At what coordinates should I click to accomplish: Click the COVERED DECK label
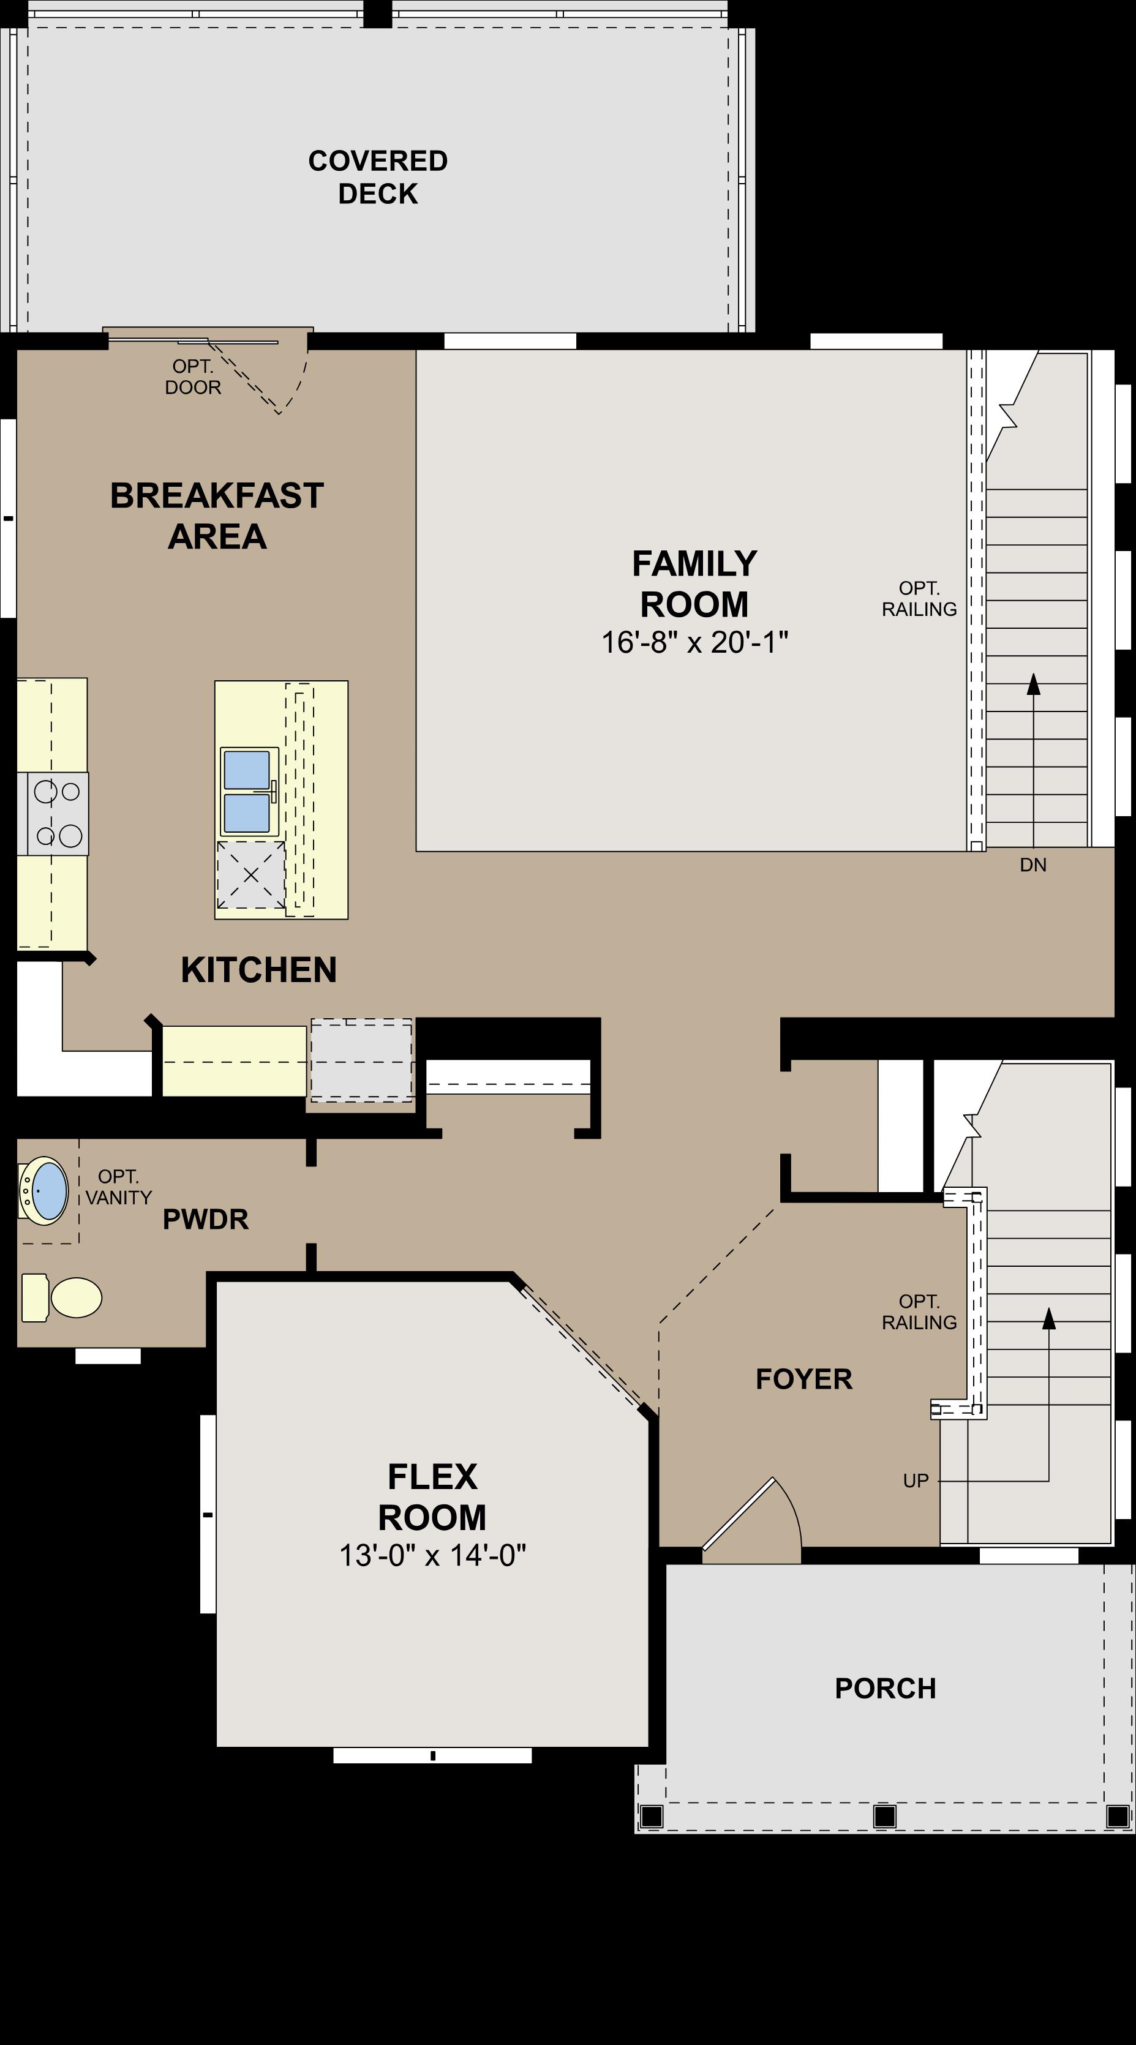coord(378,177)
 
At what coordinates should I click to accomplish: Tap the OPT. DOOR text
coord(193,377)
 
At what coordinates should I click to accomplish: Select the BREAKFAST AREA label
coord(217,515)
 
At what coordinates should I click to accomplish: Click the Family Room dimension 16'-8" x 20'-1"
coord(694,642)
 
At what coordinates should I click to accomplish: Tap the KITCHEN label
coord(259,970)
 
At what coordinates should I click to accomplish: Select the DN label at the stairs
coord(1033,865)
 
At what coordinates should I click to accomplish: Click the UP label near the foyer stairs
coord(916,1480)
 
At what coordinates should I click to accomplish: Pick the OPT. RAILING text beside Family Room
coord(919,599)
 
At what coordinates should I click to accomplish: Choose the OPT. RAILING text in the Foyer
coord(919,1311)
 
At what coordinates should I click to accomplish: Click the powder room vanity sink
coord(46,1191)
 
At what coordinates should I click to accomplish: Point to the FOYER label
coord(804,1379)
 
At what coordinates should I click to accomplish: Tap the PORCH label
coord(885,1688)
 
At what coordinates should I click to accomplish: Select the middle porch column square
coord(884,1815)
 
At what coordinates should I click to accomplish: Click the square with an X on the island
coord(251,875)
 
